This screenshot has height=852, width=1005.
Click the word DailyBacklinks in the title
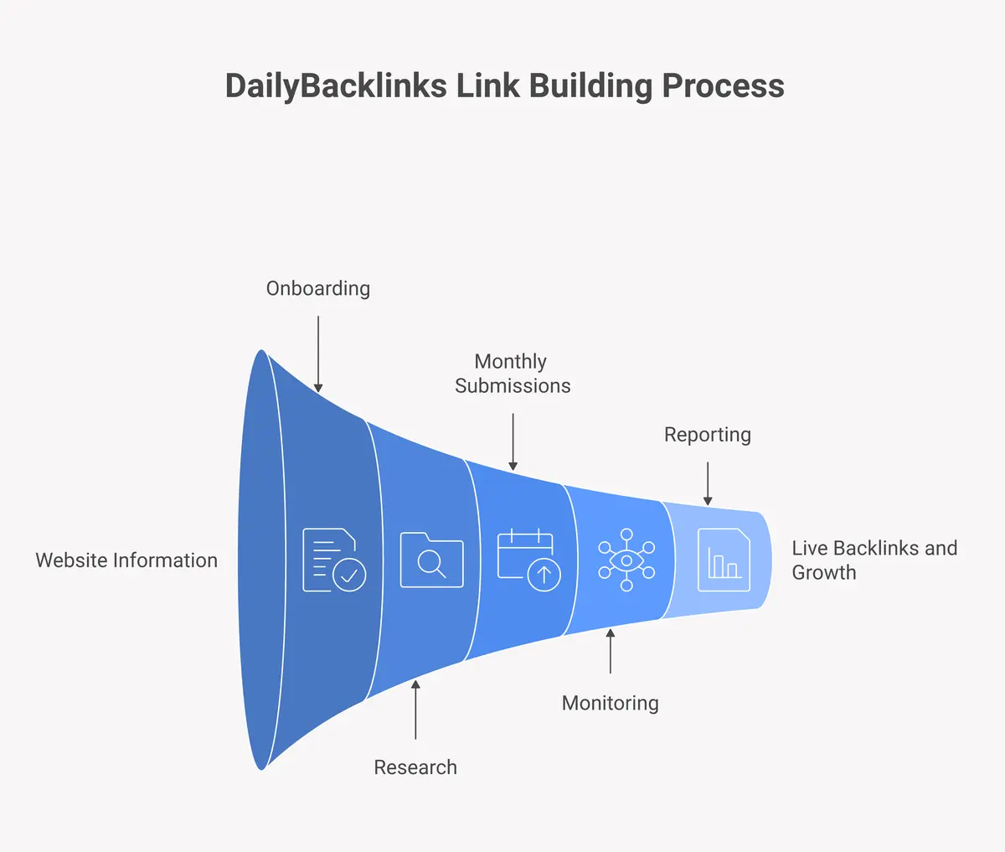[335, 86]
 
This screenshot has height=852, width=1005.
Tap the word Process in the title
[723, 86]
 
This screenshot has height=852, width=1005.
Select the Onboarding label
[317, 288]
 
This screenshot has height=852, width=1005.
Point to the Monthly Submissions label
[512, 374]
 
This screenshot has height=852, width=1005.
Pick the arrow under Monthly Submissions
[513, 441]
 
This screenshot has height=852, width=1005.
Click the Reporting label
[707, 435]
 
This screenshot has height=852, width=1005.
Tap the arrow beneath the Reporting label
[708, 483]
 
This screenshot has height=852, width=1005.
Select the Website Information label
[126, 560]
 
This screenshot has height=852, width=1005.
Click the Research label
[415, 767]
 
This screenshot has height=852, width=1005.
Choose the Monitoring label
[610, 703]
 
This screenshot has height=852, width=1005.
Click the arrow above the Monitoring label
[611, 651]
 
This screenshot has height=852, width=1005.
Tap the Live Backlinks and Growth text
[874, 560]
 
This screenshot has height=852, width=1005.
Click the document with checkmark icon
[333, 560]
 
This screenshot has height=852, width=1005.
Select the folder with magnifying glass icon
[431, 560]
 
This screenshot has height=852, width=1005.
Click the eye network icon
[626, 560]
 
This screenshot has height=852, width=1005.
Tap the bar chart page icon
[724, 560]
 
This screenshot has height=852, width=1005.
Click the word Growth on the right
[823, 573]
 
